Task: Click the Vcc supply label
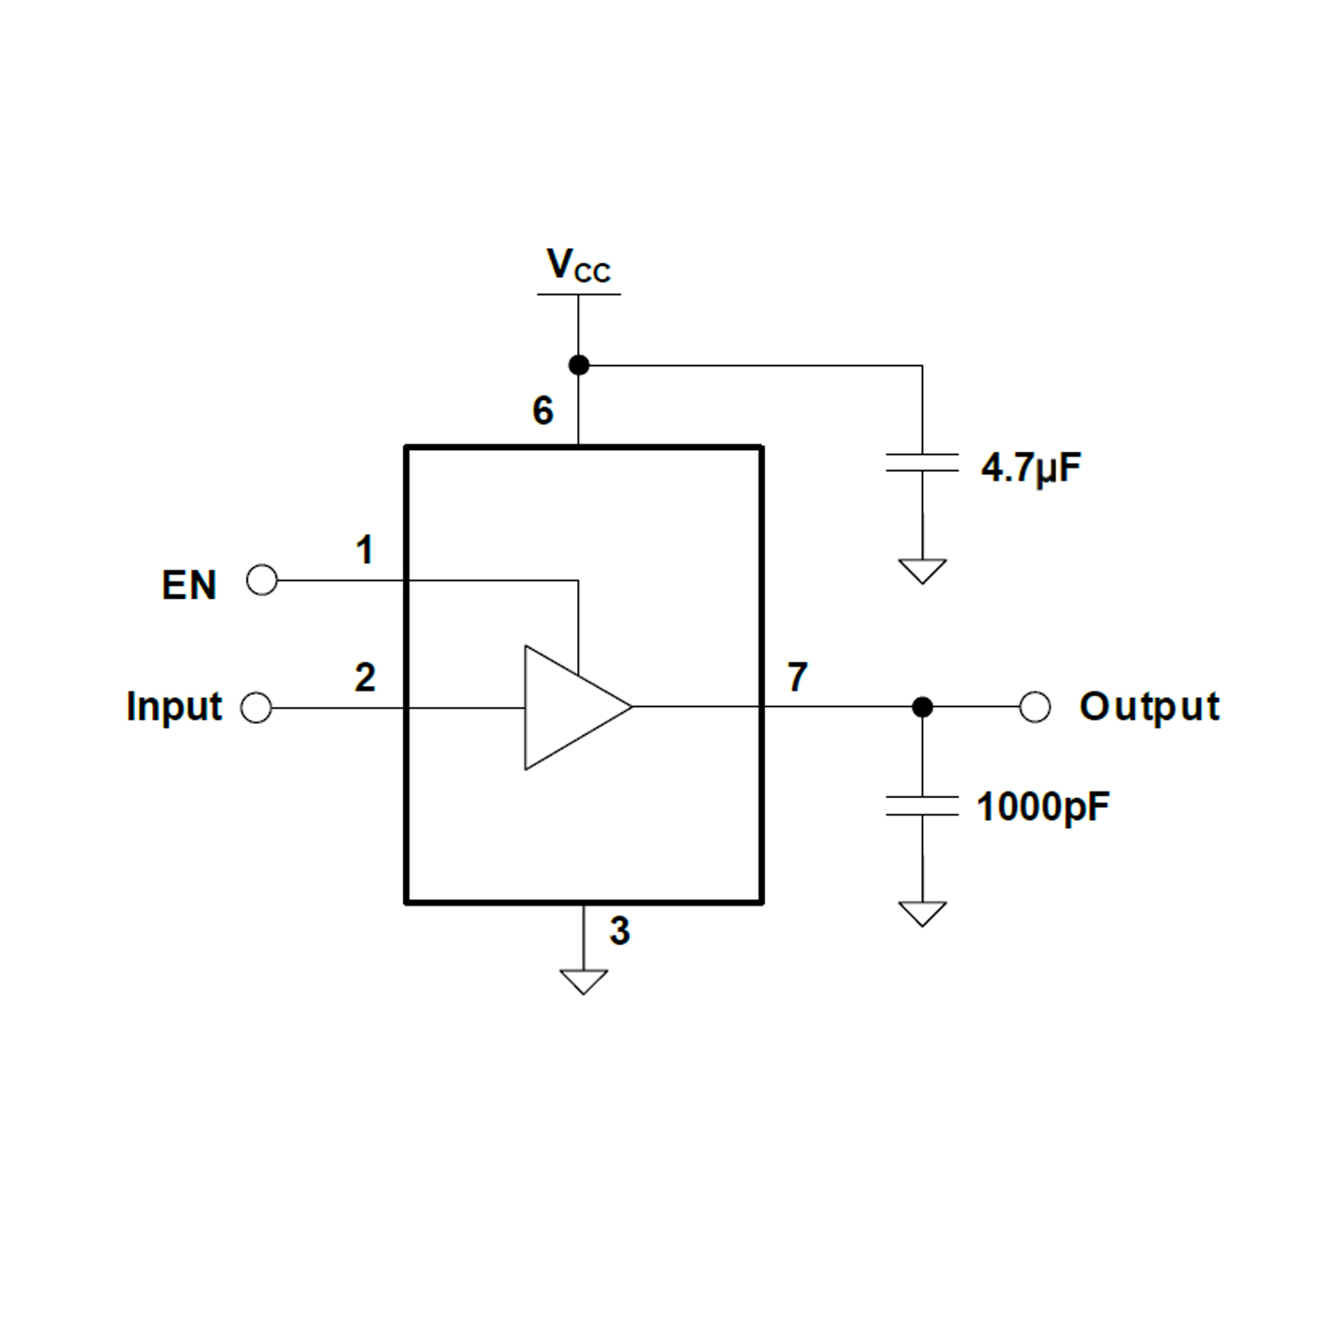click(x=578, y=265)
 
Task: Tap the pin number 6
click(x=542, y=410)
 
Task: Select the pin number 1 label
click(x=365, y=550)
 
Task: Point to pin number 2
click(x=365, y=677)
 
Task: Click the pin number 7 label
click(x=796, y=677)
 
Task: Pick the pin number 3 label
click(x=619, y=931)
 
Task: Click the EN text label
click(x=188, y=585)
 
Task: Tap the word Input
click(x=174, y=707)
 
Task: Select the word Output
click(x=1149, y=707)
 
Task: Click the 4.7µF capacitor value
click(x=1031, y=468)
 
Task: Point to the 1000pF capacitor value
click(x=1043, y=807)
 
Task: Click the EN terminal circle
click(x=262, y=580)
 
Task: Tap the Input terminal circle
click(x=257, y=707)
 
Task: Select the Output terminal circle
click(x=1035, y=707)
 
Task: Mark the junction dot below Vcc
click(x=579, y=365)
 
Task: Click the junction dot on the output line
click(x=923, y=707)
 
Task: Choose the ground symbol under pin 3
click(x=584, y=980)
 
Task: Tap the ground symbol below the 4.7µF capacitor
click(x=923, y=570)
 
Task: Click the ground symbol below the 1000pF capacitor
click(x=923, y=913)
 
